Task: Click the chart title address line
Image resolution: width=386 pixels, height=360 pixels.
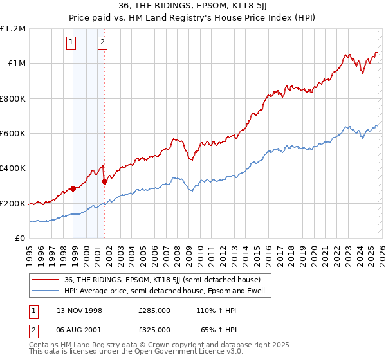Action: pyautogui.click(x=193, y=7)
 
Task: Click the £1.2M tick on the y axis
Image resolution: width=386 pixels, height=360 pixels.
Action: pyautogui.click(x=13, y=29)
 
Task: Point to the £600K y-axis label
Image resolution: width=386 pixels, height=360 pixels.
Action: pyautogui.click(x=13, y=133)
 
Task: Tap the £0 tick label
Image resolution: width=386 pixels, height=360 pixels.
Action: pyautogui.click(x=19, y=238)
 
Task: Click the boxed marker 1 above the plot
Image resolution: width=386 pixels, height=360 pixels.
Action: pyautogui.click(x=71, y=43)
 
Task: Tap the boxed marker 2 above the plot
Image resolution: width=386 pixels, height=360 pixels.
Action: pyautogui.click(x=102, y=43)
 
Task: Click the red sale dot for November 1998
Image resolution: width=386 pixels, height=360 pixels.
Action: pyautogui.click(x=73, y=188)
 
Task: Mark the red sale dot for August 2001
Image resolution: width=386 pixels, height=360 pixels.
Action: pyautogui.click(x=104, y=181)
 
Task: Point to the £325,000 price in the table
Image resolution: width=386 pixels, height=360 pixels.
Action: pyautogui.click(x=154, y=329)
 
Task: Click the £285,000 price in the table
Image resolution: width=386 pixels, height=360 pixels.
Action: pyautogui.click(x=154, y=310)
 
